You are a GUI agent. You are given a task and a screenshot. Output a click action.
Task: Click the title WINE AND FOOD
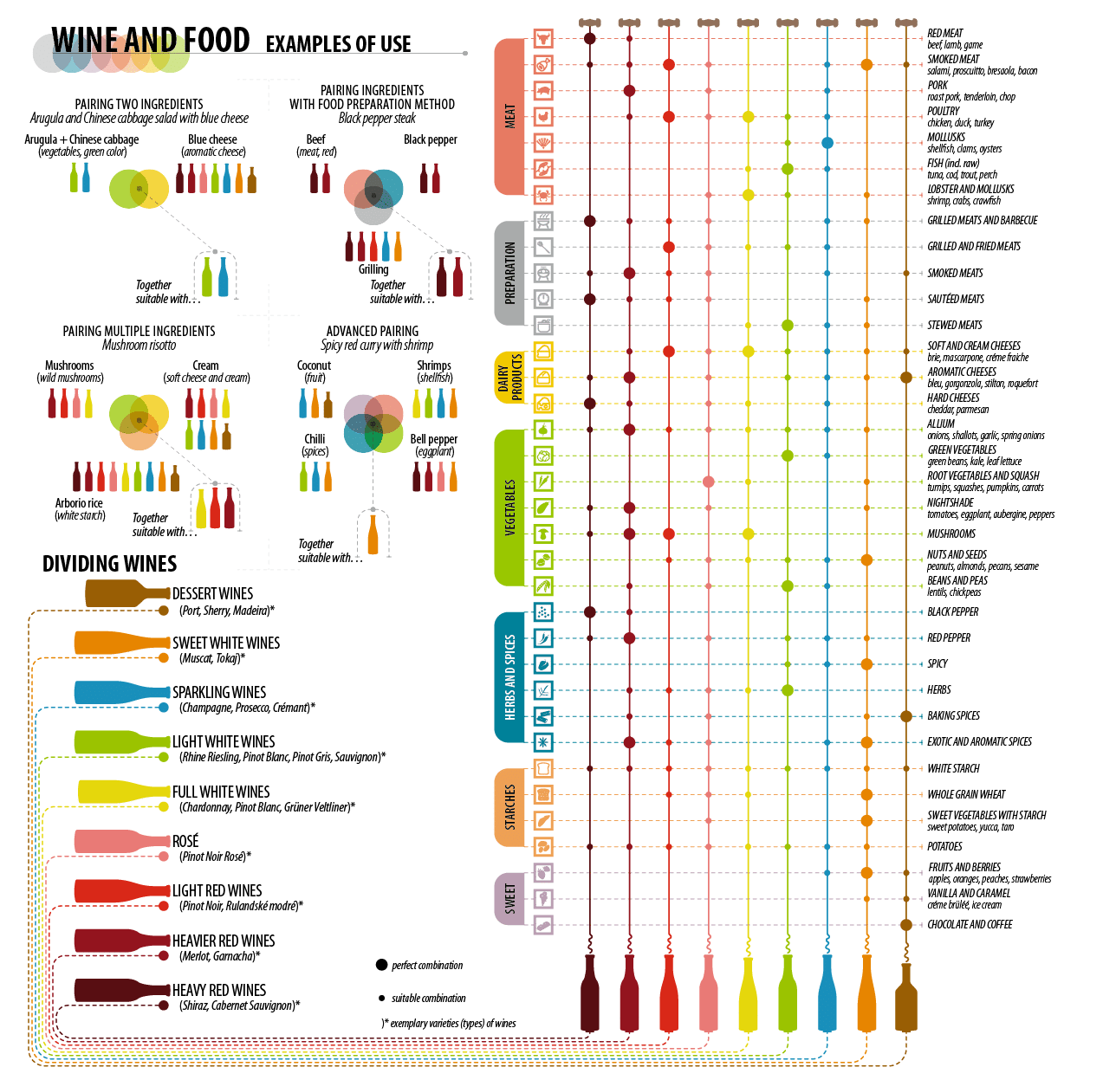click(x=150, y=41)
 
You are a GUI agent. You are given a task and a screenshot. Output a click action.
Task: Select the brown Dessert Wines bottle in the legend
click(x=121, y=594)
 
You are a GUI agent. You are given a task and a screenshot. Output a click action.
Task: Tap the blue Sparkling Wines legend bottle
click(x=117, y=692)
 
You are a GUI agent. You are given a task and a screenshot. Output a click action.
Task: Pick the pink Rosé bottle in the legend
click(x=117, y=841)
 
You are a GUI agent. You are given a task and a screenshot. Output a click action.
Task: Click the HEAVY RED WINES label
click(x=219, y=990)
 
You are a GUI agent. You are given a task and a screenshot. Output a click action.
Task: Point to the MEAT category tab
click(x=510, y=117)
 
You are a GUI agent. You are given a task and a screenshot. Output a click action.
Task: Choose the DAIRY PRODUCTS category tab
click(x=510, y=378)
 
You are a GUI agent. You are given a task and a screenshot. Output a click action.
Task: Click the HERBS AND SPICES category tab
click(x=510, y=677)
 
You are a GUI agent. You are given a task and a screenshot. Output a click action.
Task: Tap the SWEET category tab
click(x=510, y=898)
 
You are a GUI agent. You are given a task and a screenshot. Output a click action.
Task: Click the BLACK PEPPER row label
click(x=953, y=612)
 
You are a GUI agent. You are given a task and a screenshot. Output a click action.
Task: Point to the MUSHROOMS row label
click(x=951, y=534)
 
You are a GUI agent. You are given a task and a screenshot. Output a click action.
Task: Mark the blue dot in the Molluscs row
click(x=827, y=143)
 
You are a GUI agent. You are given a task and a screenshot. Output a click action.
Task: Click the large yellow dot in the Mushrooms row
click(x=749, y=534)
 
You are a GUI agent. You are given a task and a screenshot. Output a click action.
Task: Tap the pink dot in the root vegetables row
click(x=709, y=482)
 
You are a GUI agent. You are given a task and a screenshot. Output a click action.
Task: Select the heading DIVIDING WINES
click(x=110, y=564)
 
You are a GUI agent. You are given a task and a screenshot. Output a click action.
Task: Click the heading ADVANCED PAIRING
click(x=373, y=331)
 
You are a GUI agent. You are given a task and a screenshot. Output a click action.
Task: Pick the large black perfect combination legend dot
click(x=381, y=965)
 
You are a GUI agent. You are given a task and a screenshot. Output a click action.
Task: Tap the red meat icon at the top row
click(x=543, y=38)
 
